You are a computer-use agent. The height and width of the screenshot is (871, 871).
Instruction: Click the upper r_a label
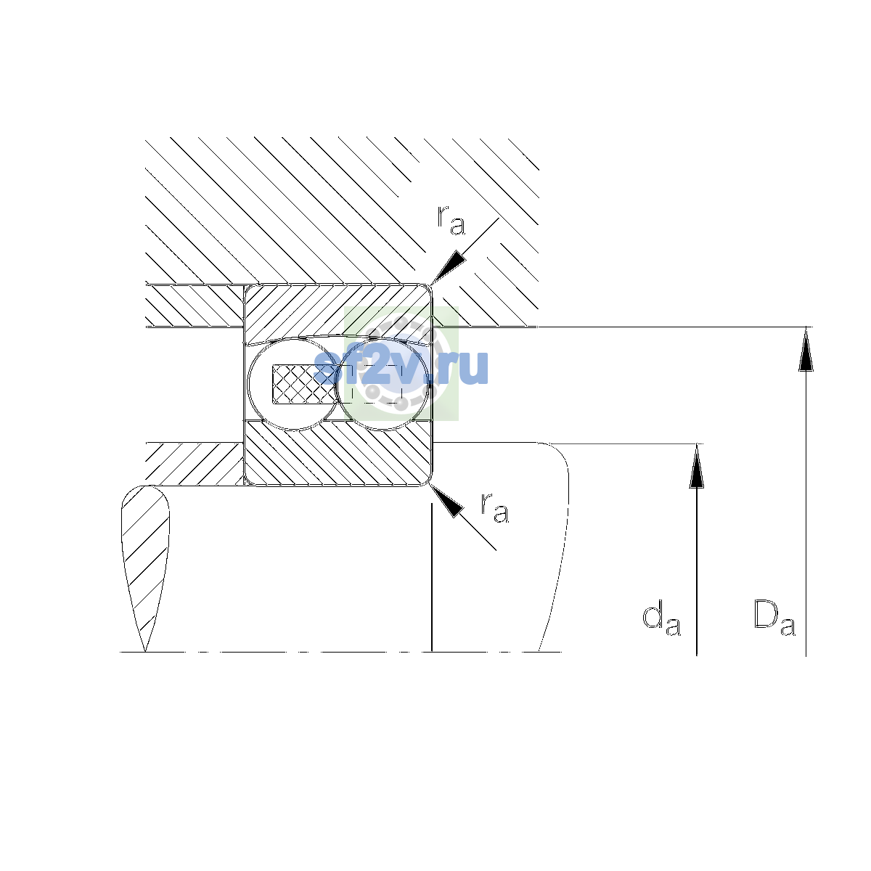[x=451, y=220]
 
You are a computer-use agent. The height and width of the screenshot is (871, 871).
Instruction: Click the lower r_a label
[x=495, y=507]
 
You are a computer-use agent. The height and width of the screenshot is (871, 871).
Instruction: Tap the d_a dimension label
[x=661, y=618]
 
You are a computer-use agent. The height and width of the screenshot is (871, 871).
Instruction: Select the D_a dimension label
[x=774, y=618]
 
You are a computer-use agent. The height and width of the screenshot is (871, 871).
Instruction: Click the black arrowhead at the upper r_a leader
[x=448, y=267]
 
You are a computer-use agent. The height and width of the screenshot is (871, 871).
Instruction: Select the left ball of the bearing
[x=294, y=384]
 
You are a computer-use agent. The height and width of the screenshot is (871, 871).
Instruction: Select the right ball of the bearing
[x=383, y=384]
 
